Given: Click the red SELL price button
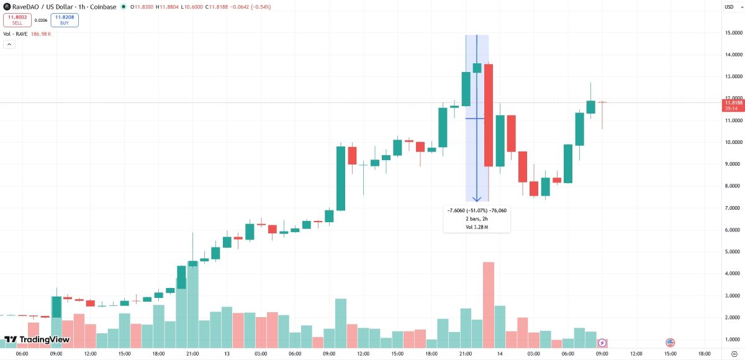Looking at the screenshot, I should (17, 20).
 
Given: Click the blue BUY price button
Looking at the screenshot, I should (65, 20).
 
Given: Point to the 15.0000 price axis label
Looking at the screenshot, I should (734, 32).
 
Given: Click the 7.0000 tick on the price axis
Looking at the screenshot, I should (734, 208).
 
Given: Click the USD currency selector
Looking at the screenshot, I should (729, 7).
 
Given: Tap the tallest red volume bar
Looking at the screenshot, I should (489, 305).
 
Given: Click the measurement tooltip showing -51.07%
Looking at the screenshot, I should (476, 219).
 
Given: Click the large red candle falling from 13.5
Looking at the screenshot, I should (489, 115).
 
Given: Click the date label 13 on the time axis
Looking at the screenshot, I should (227, 354).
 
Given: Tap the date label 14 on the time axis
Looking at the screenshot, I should (499, 354).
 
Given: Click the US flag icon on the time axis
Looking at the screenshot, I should (670, 343).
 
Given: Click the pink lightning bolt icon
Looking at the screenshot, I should (602, 343).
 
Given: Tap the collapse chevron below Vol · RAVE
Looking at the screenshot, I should (9, 45).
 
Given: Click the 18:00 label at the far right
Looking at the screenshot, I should (704, 354).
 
